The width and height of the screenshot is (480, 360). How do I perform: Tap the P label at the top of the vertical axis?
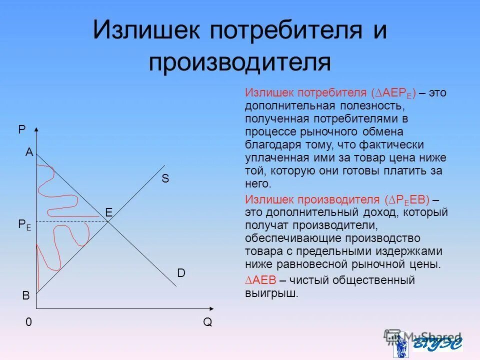coord(21,129)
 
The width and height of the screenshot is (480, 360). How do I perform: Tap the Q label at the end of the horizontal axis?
coord(207,322)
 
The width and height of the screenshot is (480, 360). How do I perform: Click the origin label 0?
coord(29,322)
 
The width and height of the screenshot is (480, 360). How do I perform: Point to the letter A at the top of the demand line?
coord(29,153)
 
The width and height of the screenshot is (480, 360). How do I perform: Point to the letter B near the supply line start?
coord(25,296)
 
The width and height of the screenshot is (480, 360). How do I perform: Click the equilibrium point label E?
coord(108,213)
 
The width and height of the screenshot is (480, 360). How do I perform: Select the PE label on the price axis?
coord(24,225)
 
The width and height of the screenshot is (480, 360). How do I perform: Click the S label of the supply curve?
coord(165,179)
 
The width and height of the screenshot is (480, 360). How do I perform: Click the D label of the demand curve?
coord(181,273)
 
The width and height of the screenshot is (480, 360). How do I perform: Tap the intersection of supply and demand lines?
coord(109,221)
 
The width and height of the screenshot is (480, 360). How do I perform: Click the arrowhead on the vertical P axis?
coord(36,130)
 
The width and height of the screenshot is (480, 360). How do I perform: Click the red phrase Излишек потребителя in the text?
coord(305,93)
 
